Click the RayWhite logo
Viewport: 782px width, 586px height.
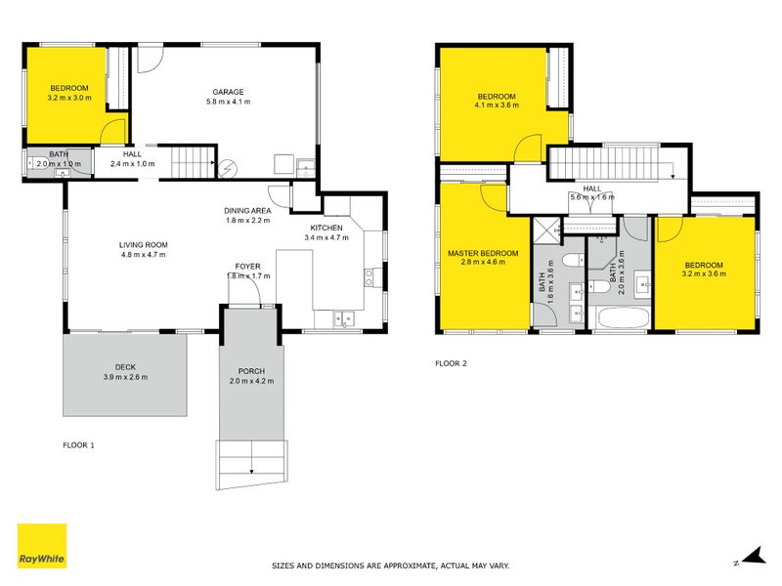pyautogui.click(x=42, y=546)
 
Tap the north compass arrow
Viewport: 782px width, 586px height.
pyautogui.click(x=751, y=558)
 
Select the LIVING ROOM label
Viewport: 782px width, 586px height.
pyautogui.click(x=144, y=244)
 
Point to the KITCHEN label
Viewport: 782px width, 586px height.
pyautogui.click(x=325, y=227)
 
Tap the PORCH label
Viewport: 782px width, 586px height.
pyautogui.click(x=251, y=371)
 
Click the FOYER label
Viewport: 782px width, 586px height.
pyautogui.click(x=247, y=267)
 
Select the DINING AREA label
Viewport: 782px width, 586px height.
pyautogui.click(x=246, y=210)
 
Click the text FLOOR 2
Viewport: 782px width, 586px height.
pyautogui.click(x=451, y=363)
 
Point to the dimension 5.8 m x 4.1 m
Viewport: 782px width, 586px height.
pyautogui.click(x=229, y=102)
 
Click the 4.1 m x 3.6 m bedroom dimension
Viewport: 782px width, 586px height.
pyautogui.click(x=496, y=105)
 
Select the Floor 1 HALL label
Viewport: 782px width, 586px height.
pyautogui.click(x=133, y=154)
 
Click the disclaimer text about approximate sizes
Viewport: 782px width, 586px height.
pyautogui.click(x=390, y=565)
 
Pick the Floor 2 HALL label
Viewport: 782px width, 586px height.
pyautogui.click(x=592, y=188)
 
